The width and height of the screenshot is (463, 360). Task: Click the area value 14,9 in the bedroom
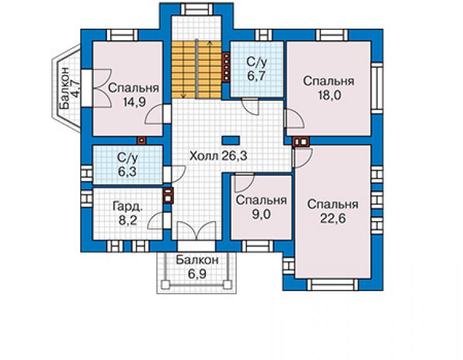[x=135, y=102]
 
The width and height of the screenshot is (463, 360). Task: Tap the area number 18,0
[x=329, y=95]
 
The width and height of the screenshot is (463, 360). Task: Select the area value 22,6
[x=333, y=219]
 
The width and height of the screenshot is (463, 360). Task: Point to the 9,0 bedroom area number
[x=262, y=214]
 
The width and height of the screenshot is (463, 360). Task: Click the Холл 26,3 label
[x=218, y=156]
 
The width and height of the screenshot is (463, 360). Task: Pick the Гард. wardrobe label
[x=128, y=207]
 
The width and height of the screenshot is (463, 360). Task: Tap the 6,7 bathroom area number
[x=257, y=76]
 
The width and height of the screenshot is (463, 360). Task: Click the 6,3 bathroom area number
[x=127, y=172]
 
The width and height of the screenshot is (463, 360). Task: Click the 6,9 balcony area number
[x=197, y=274]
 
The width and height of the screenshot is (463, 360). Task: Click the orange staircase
[x=196, y=69]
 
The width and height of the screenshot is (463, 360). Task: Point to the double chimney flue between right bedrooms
[x=301, y=142]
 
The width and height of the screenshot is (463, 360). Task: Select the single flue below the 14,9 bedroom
[x=142, y=140]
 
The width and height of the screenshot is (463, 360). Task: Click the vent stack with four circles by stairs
[x=226, y=66]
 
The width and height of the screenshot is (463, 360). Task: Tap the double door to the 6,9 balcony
[x=196, y=230]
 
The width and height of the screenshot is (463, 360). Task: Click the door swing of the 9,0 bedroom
[x=244, y=183]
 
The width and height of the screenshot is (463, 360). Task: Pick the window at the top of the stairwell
[x=196, y=9]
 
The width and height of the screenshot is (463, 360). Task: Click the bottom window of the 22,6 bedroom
[x=333, y=285]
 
